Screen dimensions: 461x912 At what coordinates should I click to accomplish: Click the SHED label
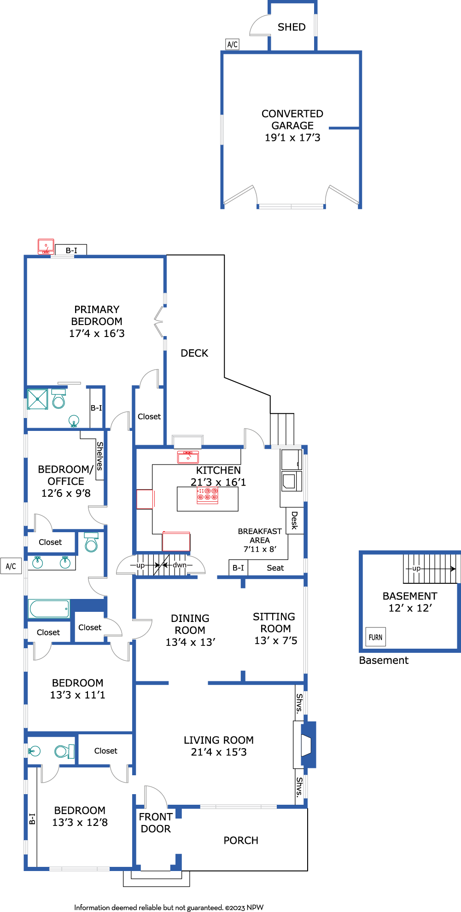(x=292, y=27)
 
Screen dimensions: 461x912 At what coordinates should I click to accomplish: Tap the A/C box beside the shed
(x=233, y=44)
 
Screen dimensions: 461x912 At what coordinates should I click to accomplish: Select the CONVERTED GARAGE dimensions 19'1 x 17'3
(x=292, y=138)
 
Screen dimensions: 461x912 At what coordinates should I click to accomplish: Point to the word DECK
(x=194, y=353)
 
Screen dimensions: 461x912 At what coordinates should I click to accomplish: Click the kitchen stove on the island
(x=208, y=495)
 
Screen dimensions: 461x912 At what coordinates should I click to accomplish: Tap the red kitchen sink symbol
(x=188, y=457)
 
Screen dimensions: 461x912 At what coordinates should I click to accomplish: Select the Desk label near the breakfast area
(x=295, y=520)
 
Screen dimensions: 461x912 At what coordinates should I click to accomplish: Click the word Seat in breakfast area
(x=275, y=568)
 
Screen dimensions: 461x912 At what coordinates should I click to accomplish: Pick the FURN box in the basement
(x=376, y=637)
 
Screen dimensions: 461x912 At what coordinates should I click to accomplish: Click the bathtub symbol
(x=49, y=609)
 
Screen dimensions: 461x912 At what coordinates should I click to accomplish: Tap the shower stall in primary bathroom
(x=37, y=399)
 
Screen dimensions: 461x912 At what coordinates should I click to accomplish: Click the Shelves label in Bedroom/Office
(x=100, y=456)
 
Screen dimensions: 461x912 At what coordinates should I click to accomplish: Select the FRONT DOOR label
(x=156, y=823)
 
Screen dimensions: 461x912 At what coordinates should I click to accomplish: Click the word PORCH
(x=241, y=840)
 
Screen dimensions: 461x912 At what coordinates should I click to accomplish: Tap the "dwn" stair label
(x=180, y=565)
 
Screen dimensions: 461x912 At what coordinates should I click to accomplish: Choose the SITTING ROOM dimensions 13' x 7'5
(x=276, y=640)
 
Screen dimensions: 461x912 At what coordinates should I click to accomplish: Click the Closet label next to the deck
(x=149, y=416)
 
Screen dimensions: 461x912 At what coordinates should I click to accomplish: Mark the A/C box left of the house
(x=11, y=566)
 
